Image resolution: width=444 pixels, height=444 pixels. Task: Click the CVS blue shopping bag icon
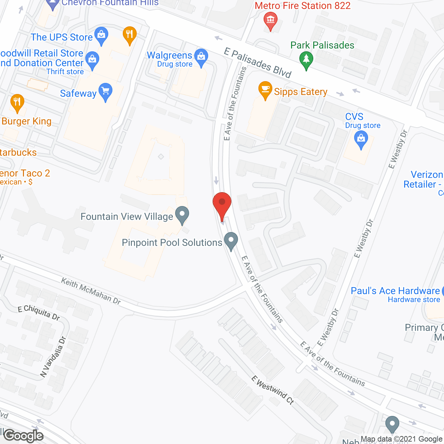coord(361,139)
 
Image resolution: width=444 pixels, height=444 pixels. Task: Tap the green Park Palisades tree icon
coord(306,60)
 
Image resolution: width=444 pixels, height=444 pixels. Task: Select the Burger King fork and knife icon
coord(17,103)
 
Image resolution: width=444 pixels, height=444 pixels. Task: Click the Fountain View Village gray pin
coord(182,215)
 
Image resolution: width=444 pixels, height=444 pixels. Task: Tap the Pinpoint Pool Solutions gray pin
coord(231,241)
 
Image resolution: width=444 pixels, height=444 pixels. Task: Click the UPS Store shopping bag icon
coord(101,35)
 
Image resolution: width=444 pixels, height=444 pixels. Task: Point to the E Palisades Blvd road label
coord(258,63)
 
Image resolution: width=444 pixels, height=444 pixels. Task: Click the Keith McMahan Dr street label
coord(91,291)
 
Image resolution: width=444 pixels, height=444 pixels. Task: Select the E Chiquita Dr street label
coord(39,312)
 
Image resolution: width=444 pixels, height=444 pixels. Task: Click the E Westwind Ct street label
coord(273,390)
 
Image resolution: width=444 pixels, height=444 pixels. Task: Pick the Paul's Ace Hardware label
coord(395,291)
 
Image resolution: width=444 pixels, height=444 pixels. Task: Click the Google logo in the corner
coord(24,436)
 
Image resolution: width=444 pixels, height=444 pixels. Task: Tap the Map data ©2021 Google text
coord(402,439)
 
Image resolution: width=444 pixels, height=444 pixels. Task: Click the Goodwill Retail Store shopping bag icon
coord(92,60)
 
